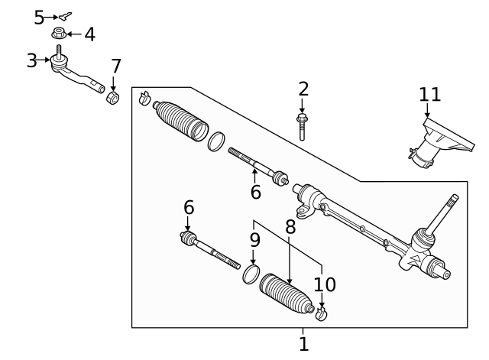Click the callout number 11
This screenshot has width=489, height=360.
430,95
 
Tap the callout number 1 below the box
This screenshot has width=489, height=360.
303,344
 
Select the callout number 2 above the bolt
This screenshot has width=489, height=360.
303,89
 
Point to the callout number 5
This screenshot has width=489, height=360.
39,17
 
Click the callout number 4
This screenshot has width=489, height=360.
89,34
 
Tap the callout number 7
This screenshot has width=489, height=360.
115,66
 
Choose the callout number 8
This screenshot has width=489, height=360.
290,227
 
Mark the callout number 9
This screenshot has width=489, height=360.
254,239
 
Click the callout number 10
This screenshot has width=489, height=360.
325,284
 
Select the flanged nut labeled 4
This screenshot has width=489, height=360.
59,34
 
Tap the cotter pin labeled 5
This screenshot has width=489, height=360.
66,15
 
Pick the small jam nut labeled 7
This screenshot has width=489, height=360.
113,99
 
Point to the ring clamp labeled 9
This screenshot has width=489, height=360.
251,275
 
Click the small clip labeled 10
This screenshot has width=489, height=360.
322,313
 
